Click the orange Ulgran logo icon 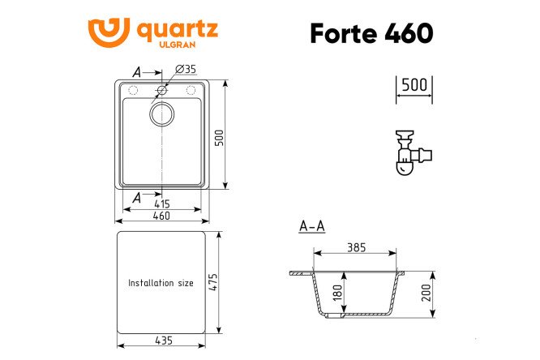(109, 32)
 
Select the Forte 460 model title (371, 33)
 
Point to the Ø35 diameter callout (186, 68)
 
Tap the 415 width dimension (162, 204)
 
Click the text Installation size (161, 283)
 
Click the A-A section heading (311, 225)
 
